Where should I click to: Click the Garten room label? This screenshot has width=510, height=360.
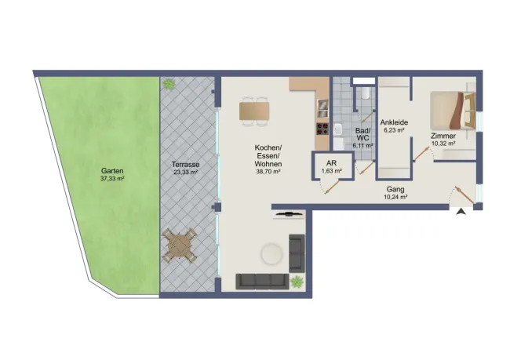point(112,171)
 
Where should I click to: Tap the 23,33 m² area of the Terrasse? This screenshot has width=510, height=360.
point(185,173)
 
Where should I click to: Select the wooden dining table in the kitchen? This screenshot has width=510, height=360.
point(254,111)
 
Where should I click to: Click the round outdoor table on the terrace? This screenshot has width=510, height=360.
point(180,245)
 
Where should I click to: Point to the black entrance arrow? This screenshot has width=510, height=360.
point(461,212)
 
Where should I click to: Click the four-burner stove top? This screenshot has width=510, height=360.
point(322,129)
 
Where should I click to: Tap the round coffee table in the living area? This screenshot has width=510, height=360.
point(271,254)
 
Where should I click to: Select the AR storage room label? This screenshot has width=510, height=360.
point(331,163)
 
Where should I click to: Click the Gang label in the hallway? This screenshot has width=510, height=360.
point(395,189)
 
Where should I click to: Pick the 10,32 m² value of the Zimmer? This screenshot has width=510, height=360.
point(443,143)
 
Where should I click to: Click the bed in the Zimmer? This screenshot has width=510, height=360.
point(453,111)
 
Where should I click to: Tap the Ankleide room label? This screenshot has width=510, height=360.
point(394,122)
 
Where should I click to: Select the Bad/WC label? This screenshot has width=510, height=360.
point(362,134)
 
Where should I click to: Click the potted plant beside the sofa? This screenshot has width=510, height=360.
point(297,282)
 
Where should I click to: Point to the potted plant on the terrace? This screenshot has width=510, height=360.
point(169,84)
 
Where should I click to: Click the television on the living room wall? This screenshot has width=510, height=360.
point(289,214)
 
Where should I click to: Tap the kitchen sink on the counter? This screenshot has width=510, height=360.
point(322,108)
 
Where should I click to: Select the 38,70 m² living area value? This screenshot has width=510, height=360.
point(268,172)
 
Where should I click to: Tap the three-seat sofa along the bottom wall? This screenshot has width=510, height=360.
point(263,282)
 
